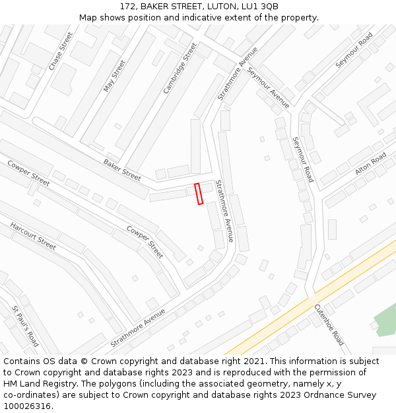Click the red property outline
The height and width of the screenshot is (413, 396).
click(x=199, y=194)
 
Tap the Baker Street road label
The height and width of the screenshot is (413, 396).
click(x=122, y=170)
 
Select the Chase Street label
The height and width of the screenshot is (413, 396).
click(x=61, y=51)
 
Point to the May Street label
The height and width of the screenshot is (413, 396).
click(x=114, y=76)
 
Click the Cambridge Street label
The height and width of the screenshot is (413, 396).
click(x=180, y=68)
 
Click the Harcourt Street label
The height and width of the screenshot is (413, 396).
click(x=33, y=236)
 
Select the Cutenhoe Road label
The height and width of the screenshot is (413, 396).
click(x=329, y=324)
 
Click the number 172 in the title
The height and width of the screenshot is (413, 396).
click(x=128, y=7)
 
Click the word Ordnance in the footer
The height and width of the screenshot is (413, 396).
click(x=315, y=395)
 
